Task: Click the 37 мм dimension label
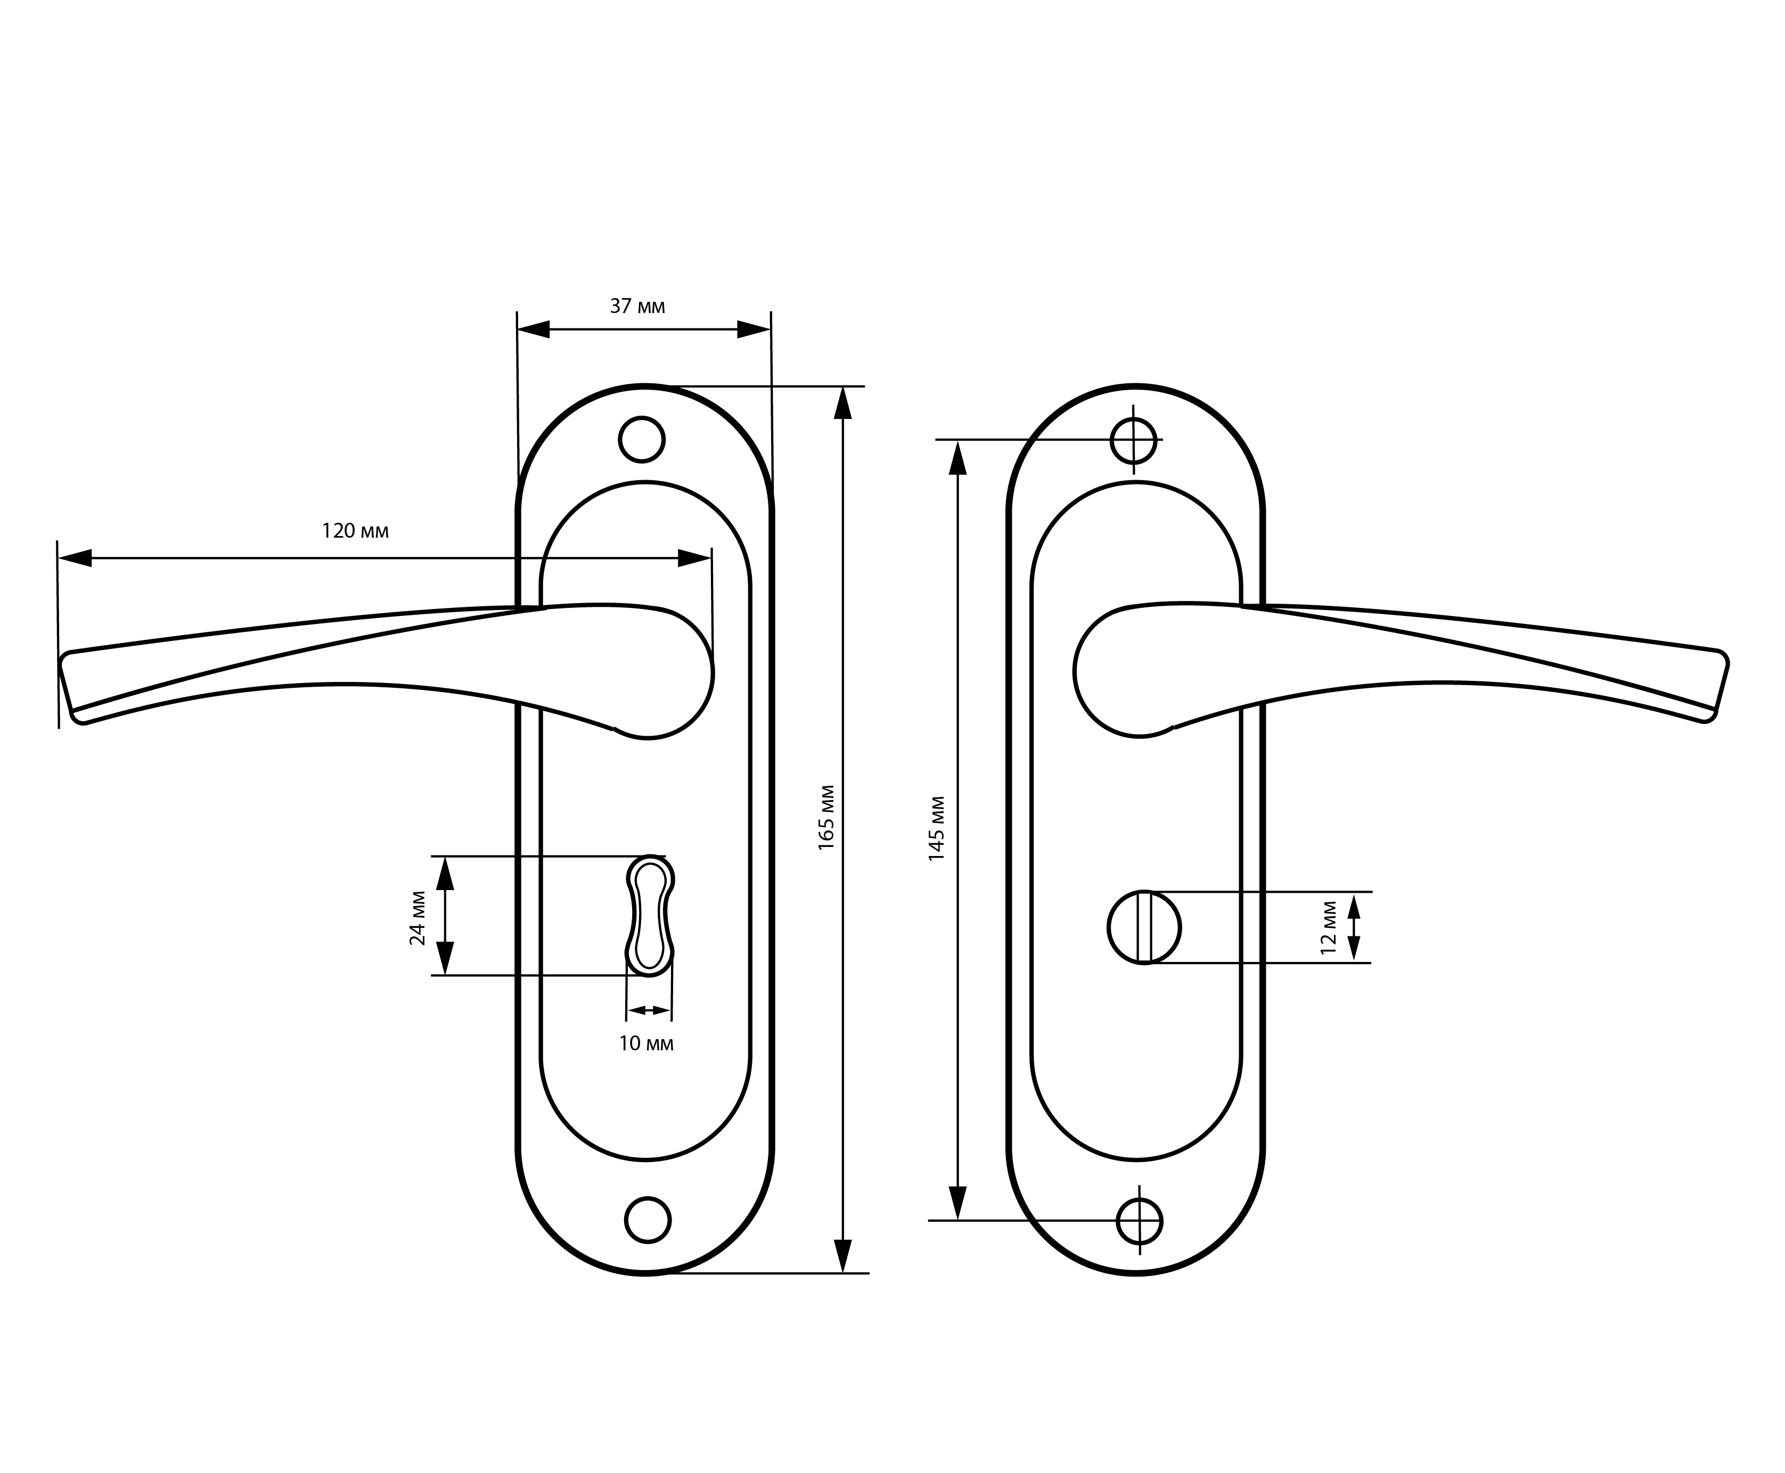point(637,306)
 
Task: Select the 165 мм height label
point(826,817)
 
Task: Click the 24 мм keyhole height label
point(417,918)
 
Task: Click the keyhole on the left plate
point(650,915)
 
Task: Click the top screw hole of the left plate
point(642,440)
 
